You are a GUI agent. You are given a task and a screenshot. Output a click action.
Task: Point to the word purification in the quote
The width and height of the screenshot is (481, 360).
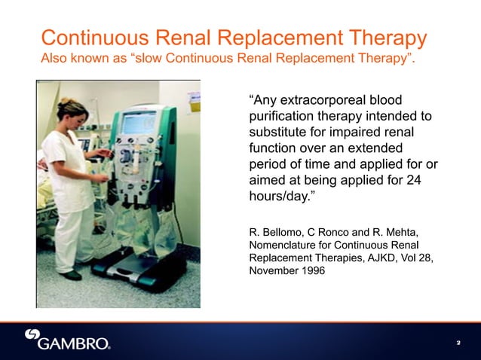click(x=283, y=117)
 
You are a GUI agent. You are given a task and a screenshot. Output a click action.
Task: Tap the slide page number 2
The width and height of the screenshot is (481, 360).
click(x=458, y=343)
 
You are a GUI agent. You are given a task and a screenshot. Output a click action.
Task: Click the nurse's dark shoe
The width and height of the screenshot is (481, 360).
click(x=72, y=276)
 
